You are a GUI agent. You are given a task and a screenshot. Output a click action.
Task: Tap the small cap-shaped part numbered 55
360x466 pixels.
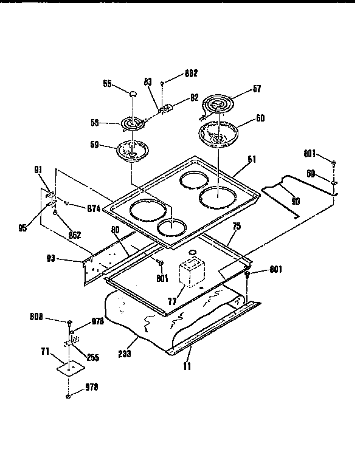point(132,92)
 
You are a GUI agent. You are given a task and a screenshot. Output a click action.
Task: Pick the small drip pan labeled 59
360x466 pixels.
point(130,149)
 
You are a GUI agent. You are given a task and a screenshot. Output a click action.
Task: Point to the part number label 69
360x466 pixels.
point(310,174)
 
